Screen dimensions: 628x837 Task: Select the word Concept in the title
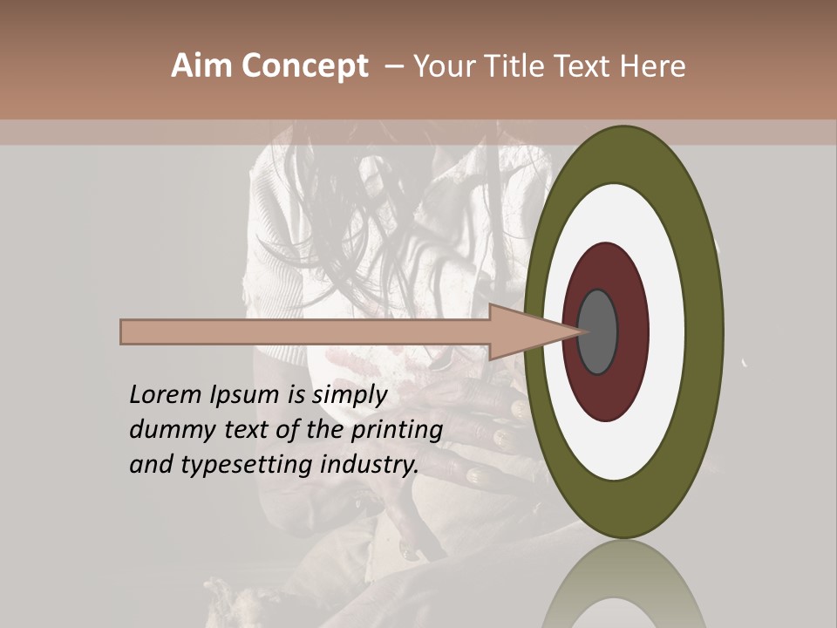tap(304, 66)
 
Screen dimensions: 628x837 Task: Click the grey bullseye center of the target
tap(598, 332)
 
